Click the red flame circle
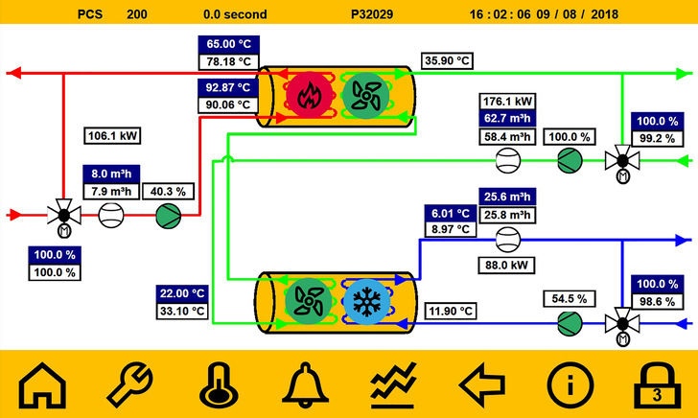pos(307,94)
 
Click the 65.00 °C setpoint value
pos(228,45)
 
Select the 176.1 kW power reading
pos(508,101)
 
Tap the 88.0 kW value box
pos(508,265)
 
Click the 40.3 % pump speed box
pos(170,191)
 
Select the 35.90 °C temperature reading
pos(448,61)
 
